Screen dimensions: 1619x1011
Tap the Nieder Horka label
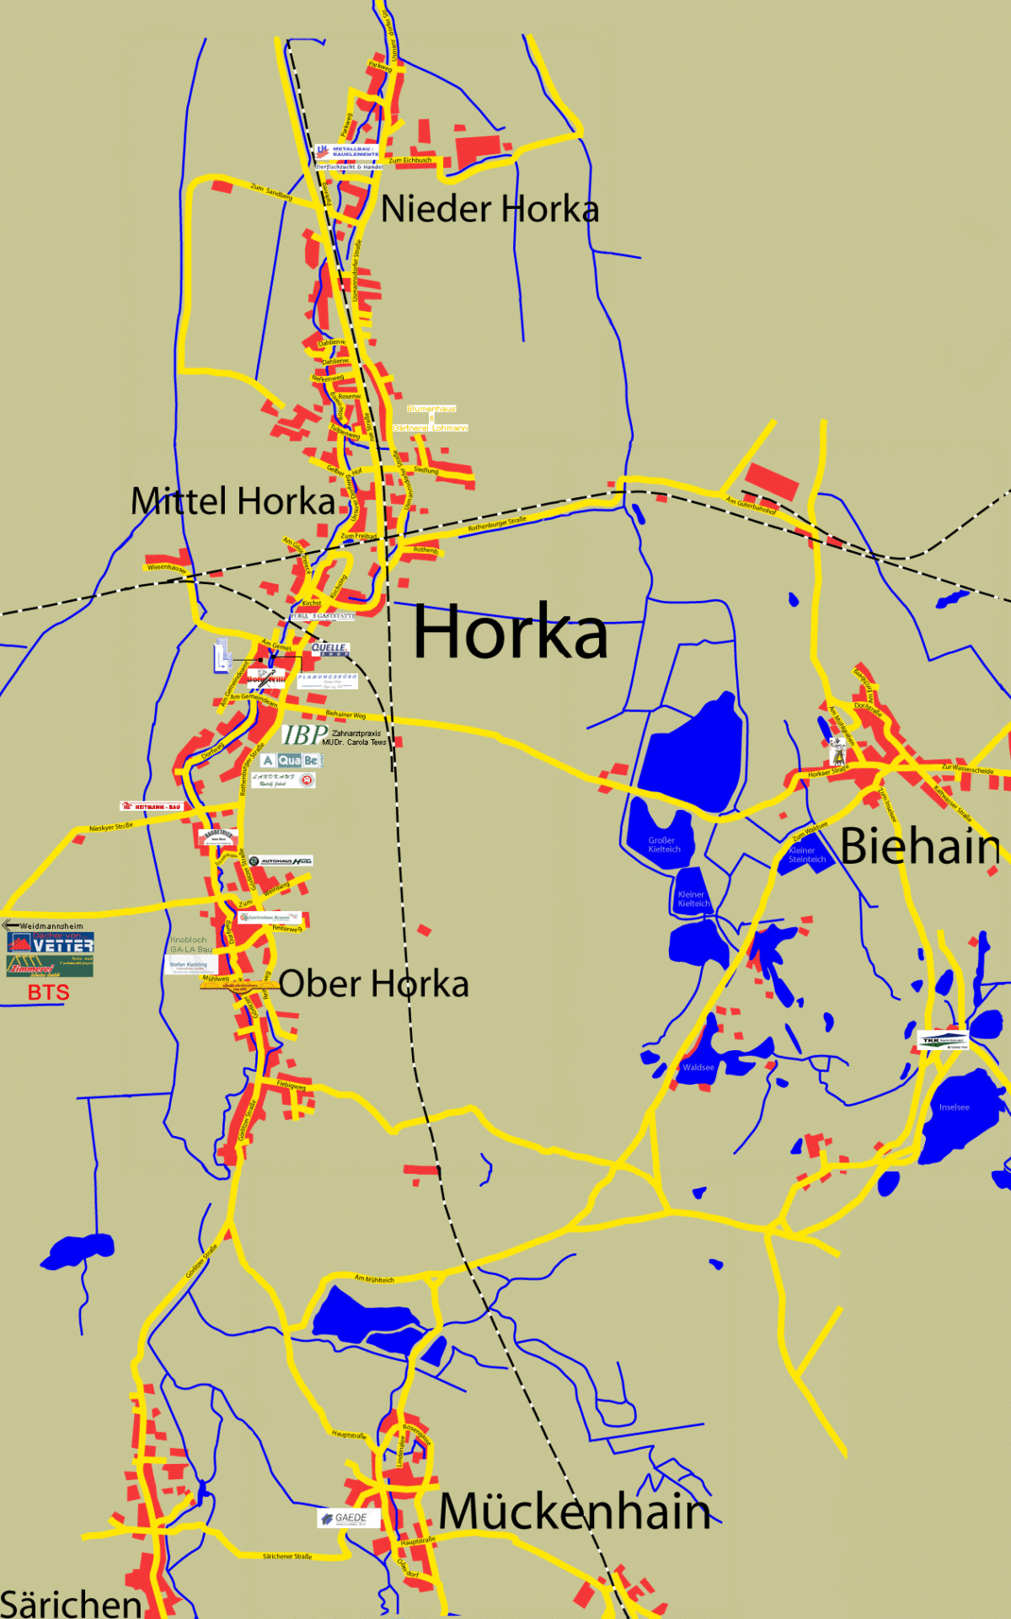(x=489, y=209)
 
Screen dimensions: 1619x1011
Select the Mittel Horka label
(x=233, y=501)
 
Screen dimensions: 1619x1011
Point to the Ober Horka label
(x=373, y=984)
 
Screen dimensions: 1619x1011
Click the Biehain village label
(x=920, y=846)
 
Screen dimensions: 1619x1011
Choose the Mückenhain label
(x=575, y=1511)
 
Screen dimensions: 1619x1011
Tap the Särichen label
(x=71, y=1604)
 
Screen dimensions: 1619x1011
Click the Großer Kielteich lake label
(x=664, y=844)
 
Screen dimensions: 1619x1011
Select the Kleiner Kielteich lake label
(x=693, y=899)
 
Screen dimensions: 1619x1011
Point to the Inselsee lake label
(x=954, y=1107)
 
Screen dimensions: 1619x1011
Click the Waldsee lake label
(x=698, y=1068)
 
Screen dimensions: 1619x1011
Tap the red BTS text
(x=48, y=993)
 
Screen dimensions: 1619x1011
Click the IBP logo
(x=304, y=736)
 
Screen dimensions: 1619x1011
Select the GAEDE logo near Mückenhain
(x=349, y=1518)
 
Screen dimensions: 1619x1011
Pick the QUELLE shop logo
(x=329, y=649)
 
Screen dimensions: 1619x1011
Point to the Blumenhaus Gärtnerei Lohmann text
(x=431, y=418)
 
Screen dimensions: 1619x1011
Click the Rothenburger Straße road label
(x=497, y=524)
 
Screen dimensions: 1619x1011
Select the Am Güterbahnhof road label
(x=750, y=506)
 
